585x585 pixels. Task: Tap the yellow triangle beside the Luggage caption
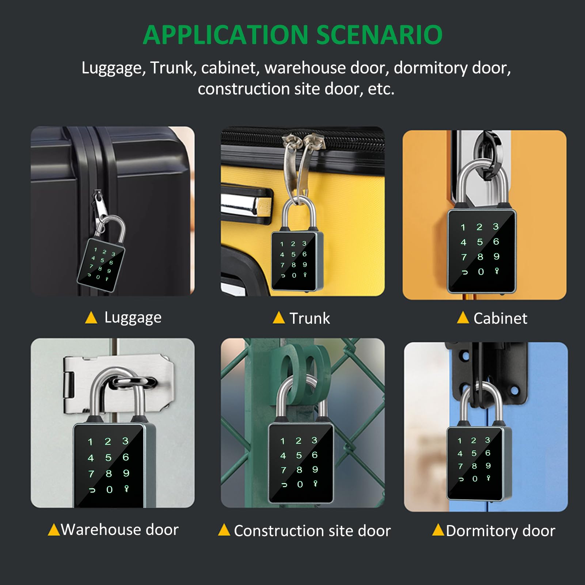91,318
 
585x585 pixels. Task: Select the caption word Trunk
309,318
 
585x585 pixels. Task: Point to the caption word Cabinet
500,318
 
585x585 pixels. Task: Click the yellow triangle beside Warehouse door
54,529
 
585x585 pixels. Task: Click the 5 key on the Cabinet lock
480,242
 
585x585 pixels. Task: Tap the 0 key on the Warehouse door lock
109,490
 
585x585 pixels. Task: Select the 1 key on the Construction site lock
282,441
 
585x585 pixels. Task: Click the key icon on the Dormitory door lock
488,478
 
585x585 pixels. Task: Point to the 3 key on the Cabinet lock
495,227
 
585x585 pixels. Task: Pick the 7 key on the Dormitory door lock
460,466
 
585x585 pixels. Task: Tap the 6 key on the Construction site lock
315,455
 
